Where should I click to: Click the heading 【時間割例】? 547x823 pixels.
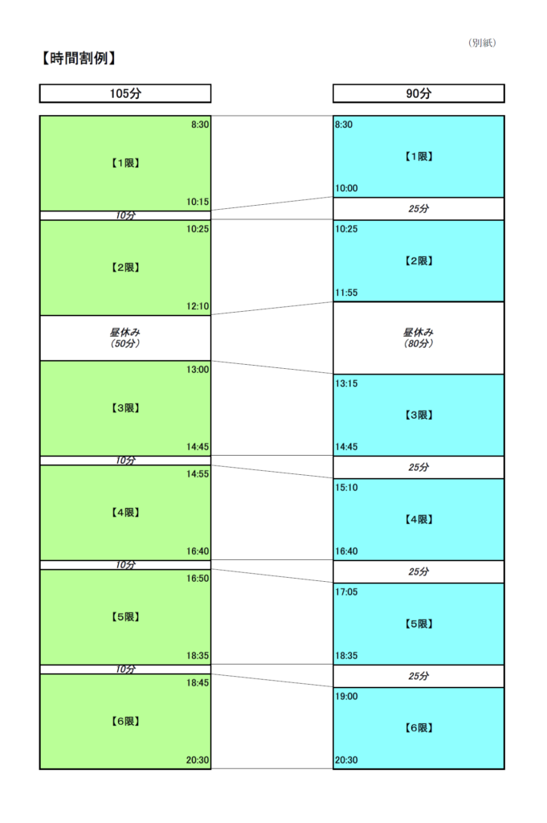[x=79, y=58]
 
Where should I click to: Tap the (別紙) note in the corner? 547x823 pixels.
[x=482, y=43]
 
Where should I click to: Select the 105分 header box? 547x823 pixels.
[x=125, y=93]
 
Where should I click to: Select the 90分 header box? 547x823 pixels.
[x=418, y=93]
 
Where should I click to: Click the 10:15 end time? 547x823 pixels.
[x=198, y=202]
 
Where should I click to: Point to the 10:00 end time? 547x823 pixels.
[x=347, y=188]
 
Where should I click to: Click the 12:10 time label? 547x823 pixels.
[x=198, y=306]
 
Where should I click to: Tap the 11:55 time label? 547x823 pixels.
[x=347, y=293]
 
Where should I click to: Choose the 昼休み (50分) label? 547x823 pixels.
[x=125, y=338]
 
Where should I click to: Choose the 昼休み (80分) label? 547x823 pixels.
[x=418, y=338]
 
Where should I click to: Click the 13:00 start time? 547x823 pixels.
[x=198, y=370]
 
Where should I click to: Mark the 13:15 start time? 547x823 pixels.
[x=347, y=383]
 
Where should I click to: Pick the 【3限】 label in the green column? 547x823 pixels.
[x=125, y=407]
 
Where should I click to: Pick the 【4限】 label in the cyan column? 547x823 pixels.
[x=418, y=519]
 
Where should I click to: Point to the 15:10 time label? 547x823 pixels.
[x=347, y=487]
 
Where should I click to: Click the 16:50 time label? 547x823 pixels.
[x=198, y=578]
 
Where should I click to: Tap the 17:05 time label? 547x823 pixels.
[x=347, y=592]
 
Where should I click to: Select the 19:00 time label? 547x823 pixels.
[x=347, y=696]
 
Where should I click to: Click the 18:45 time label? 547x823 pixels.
[x=198, y=682]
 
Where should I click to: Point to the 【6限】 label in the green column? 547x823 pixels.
[x=125, y=721]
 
